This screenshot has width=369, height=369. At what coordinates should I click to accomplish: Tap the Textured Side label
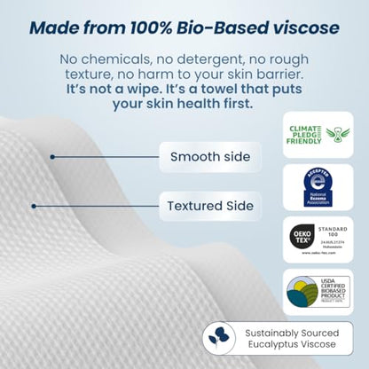[210, 207]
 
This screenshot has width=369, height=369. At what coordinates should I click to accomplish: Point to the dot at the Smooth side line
[52, 157]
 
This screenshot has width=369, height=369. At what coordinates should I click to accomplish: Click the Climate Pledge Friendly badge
[318, 134]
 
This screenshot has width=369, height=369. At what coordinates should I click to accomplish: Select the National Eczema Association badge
[318, 188]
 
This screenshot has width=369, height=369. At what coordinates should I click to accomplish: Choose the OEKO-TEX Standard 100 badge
[318, 240]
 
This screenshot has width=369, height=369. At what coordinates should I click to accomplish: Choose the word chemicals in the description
[114, 59]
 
